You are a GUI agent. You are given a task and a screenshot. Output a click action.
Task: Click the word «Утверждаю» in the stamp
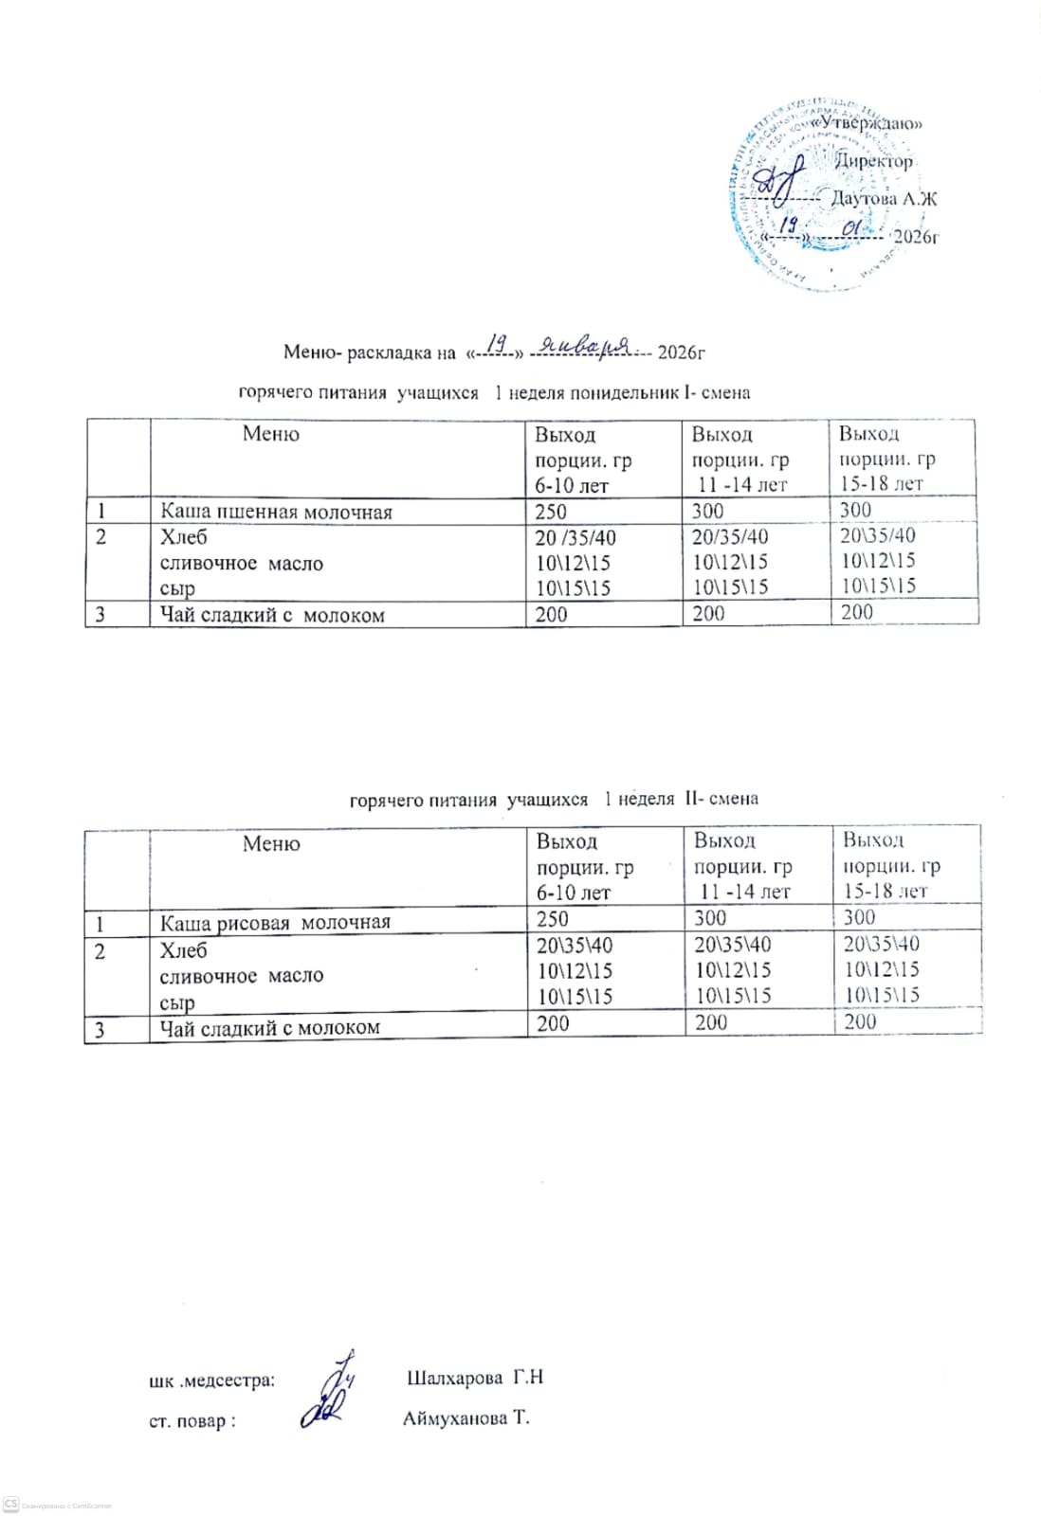[x=869, y=122]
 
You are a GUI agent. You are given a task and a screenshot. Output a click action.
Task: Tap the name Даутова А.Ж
[x=884, y=198]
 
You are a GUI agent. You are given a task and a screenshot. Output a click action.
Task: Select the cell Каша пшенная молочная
[x=276, y=513]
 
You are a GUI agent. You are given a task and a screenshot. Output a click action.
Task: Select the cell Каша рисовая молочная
[x=275, y=922]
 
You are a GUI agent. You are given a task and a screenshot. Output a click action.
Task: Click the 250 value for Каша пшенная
[x=551, y=512]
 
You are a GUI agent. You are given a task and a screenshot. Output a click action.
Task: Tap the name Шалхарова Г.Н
[x=474, y=1378]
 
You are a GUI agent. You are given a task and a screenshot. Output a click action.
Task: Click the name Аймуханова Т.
[x=466, y=1418]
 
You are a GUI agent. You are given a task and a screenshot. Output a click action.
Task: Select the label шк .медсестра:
[x=212, y=1381]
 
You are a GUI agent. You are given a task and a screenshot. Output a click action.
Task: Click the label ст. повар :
[x=192, y=1421]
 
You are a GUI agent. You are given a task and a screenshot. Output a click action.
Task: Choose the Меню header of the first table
[x=270, y=434]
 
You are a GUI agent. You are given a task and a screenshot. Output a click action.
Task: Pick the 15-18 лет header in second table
[x=886, y=891]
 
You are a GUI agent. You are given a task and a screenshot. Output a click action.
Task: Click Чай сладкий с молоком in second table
[x=270, y=1027]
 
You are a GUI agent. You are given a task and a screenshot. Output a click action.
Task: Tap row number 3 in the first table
[x=100, y=615]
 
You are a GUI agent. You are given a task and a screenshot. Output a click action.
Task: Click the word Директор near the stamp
[x=873, y=161]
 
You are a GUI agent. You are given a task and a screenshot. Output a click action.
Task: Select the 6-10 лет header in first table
[x=573, y=485]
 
